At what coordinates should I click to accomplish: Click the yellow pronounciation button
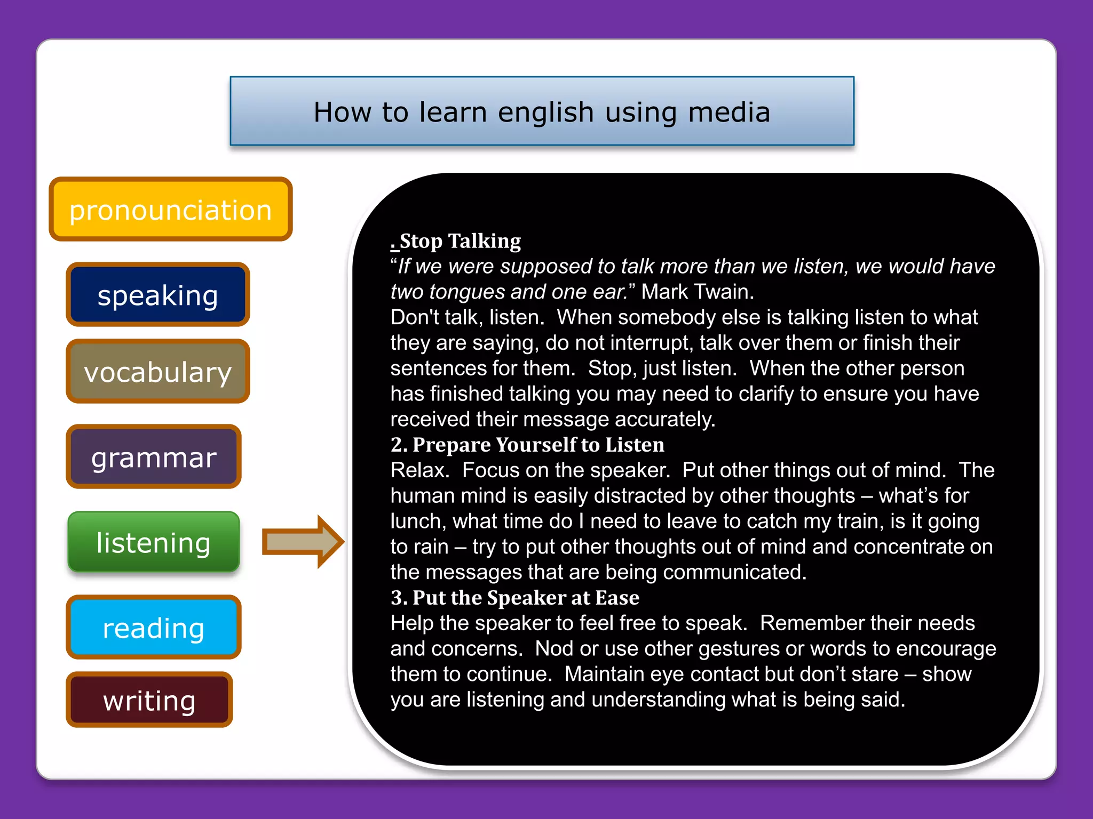point(171,210)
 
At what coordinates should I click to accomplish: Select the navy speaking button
point(158,295)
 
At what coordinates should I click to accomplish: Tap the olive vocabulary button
point(158,372)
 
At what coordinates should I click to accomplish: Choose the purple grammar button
point(154,457)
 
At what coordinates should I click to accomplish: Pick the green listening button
point(154,542)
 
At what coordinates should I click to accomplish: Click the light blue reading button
point(154,628)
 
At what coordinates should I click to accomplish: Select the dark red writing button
point(149,700)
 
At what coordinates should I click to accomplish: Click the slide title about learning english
point(542,112)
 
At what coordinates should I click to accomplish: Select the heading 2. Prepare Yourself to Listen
point(527,445)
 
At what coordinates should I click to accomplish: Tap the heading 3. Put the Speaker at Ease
point(514,598)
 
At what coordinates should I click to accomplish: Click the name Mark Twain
point(697,292)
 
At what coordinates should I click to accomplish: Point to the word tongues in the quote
point(466,292)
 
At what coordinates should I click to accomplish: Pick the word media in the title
point(729,112)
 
